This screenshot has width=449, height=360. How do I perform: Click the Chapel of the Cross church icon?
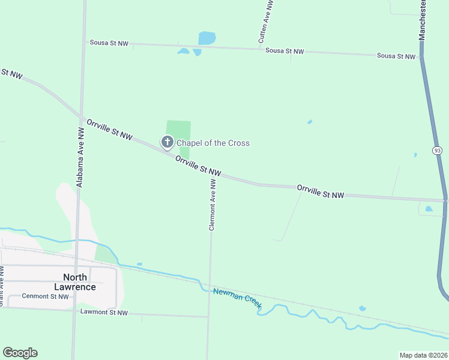pos(167,142)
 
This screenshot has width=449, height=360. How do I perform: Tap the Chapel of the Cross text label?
pos(212,143)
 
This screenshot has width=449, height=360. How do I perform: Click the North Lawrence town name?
pos(79,282)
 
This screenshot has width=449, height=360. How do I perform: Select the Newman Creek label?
pos(237,298)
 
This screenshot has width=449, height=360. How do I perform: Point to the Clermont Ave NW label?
pos(212,205)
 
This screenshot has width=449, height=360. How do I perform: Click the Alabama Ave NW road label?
pos(80,157)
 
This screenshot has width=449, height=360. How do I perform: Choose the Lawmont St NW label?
pos(104,313)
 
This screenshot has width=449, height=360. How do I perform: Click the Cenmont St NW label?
pos(46,296)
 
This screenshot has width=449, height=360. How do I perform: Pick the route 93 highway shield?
pos(437,150)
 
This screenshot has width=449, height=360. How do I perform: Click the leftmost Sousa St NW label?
pos(109,43)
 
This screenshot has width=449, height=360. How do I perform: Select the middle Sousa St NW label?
pos(285,52)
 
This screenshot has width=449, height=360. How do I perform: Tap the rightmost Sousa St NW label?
pos(396,56)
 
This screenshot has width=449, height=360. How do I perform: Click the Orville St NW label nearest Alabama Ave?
pos(109,130)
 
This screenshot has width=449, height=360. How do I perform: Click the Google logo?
pos(20,353)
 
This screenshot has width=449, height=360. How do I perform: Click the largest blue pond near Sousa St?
pos(206,38)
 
